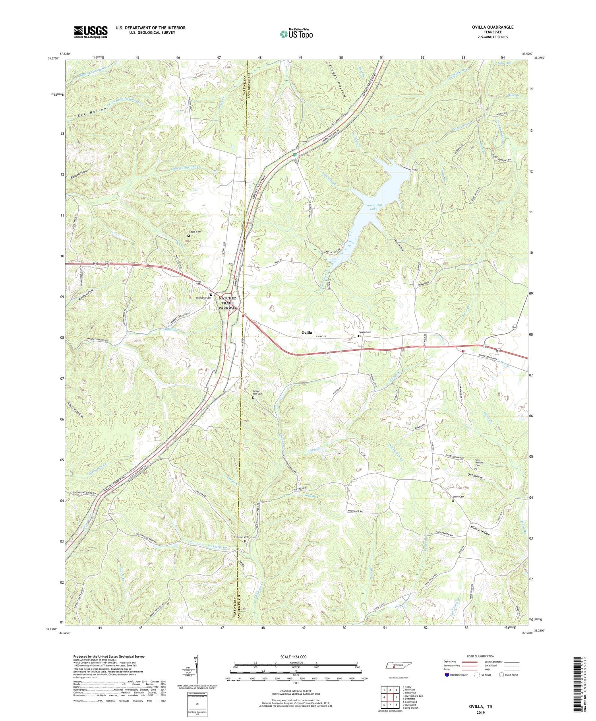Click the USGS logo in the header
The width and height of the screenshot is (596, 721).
[x=91, y=32]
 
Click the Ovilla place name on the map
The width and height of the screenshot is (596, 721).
[x=306, y=332]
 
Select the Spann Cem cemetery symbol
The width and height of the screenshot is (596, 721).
[x=360, y=336]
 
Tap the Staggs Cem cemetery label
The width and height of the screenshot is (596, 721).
[x=194, y=231]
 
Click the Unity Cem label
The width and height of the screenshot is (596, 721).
[x=458, y=497]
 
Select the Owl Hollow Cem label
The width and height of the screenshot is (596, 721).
[x=481, y=463]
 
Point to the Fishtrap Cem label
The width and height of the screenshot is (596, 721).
[x=238, y=536]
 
